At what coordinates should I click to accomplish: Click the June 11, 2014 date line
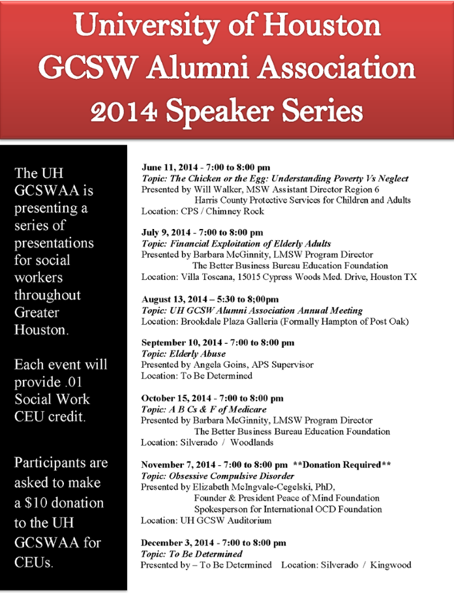205,168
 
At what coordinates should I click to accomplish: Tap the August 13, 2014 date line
215,299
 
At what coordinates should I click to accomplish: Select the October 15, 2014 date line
212,398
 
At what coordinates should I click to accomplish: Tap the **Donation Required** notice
342,464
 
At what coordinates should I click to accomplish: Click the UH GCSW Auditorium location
224,520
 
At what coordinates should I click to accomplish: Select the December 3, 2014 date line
213,542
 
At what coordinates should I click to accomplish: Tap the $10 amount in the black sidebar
38,503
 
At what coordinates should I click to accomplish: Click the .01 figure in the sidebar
78,382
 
